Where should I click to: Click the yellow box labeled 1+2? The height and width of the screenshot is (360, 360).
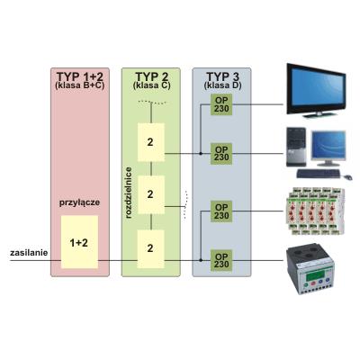pos(79,242)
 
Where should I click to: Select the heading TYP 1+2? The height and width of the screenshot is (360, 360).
pos(80,76)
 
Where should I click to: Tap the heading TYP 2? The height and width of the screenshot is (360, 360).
pos(151,76)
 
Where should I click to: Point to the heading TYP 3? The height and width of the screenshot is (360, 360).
pos(222,76)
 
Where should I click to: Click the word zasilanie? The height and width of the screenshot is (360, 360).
pos(29,253)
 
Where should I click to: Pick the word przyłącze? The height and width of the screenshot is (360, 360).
pos(79,202)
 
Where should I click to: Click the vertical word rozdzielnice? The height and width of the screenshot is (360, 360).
pos(129,193)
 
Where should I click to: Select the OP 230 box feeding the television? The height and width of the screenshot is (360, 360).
pos(221,104)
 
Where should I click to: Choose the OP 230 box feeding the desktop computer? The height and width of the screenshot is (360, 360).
pos(221,153)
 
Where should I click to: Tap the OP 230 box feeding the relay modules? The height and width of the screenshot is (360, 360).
pos(221,211)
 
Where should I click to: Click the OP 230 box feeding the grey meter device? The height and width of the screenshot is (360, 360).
pos(221,260)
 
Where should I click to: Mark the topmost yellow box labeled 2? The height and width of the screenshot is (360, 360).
pos(151,142)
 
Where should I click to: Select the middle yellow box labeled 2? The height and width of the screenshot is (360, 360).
pos(151,194)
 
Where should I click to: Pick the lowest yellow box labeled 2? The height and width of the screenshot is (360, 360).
pos(151,249)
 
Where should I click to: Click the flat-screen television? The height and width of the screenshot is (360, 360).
pos(316,90)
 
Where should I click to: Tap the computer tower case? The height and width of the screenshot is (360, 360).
pos(296,147)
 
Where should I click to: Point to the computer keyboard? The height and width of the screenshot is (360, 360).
pos(319,173)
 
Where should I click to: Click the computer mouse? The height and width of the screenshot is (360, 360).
pos(348,177)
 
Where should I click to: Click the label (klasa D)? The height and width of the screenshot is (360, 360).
pos(222,85)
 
